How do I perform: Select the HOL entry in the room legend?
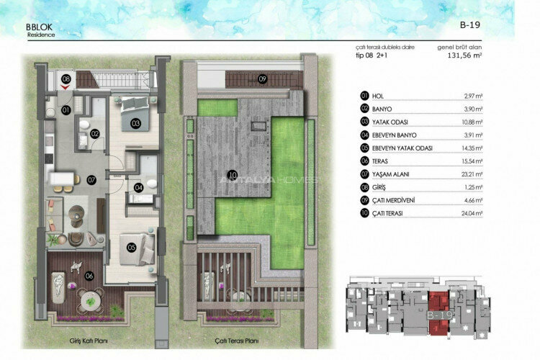click(x=378, y=95)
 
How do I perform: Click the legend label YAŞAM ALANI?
click(x=390, y=174)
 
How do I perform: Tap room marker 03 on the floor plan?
click(x=135, y=123)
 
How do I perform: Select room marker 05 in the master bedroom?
click(x=132, y=247)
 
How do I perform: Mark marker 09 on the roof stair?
click(x=263, y=78)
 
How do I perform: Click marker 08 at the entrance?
click(x=66, y=78)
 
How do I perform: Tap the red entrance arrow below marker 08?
click(x=66, y=87)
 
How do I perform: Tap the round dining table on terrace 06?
click(x=90, y=297)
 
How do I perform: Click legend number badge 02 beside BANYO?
click(x=364, y=108)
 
